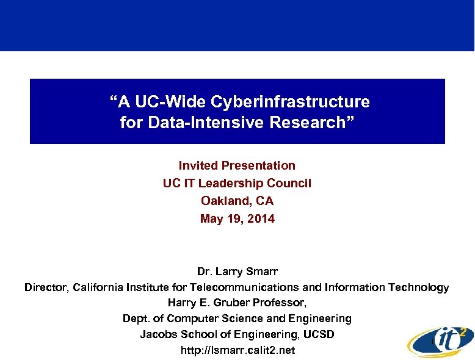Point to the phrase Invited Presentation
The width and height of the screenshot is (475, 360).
pyautogui.click(x=237, y=165)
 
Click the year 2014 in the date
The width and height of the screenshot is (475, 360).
pyautogui.click(x=261, y=218)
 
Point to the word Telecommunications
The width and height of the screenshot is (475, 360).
pyautogui.click(x=244, y=287)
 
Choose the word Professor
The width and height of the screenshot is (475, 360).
pyautogui.click(x=283, y=303)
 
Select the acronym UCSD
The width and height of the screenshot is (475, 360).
pyautogui.click(x=319, y=334)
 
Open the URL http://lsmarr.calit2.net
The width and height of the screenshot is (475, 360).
pyautogui.click(x=237, y=350)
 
